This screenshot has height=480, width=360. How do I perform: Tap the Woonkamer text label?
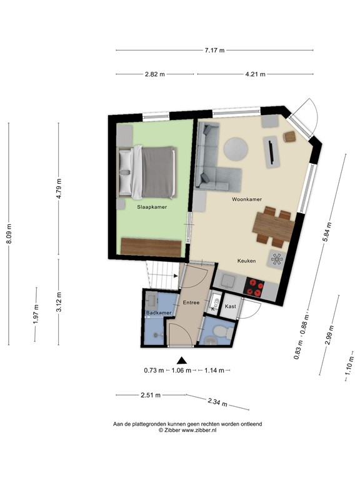point(246,199)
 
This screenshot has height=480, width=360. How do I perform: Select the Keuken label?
point(247,261)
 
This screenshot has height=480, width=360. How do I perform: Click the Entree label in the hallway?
point(191,302)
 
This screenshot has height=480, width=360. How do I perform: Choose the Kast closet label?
point(230,306)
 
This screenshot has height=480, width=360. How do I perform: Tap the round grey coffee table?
point(235,149)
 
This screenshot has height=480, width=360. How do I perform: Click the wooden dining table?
point(272,227)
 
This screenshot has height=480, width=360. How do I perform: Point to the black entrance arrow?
point(182,360)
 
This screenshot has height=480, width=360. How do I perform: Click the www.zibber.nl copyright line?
point(187,430)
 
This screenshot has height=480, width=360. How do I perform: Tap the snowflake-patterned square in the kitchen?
point(277,259)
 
